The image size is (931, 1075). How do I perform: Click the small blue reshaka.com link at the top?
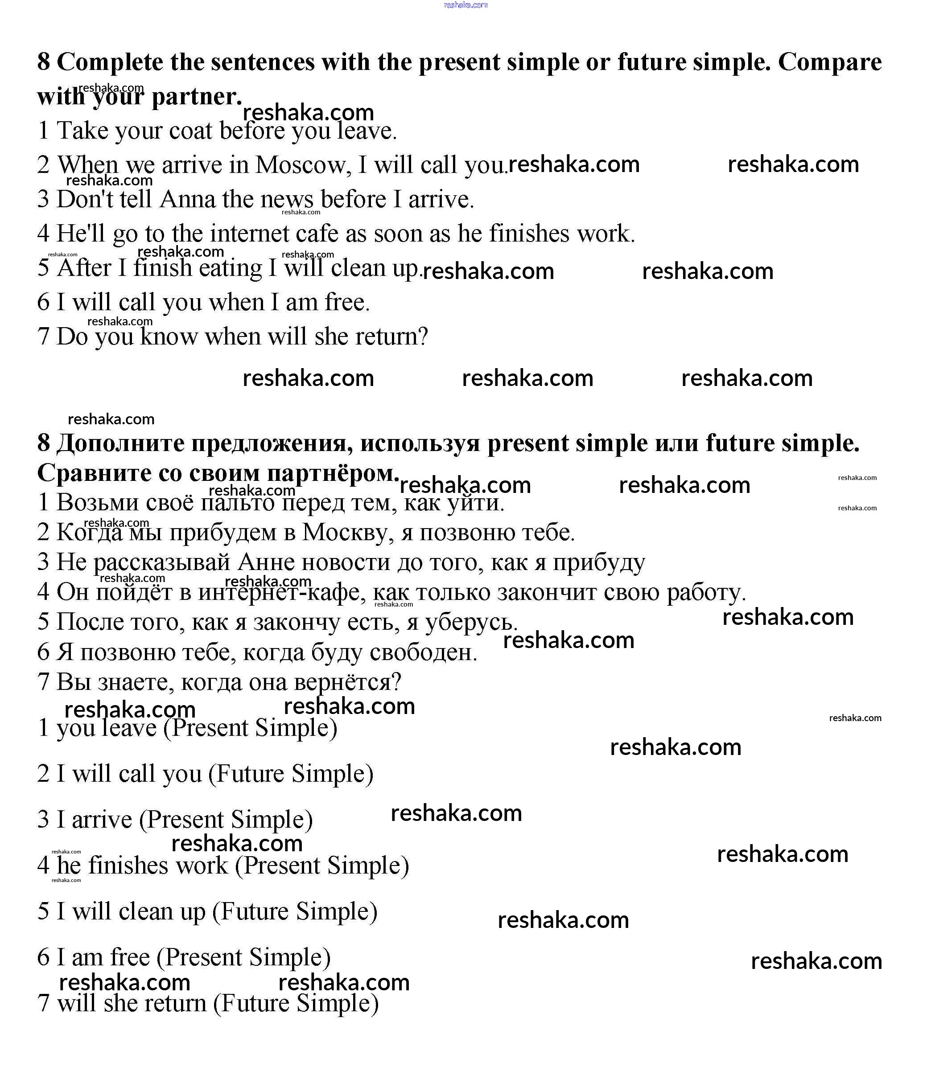465,5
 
